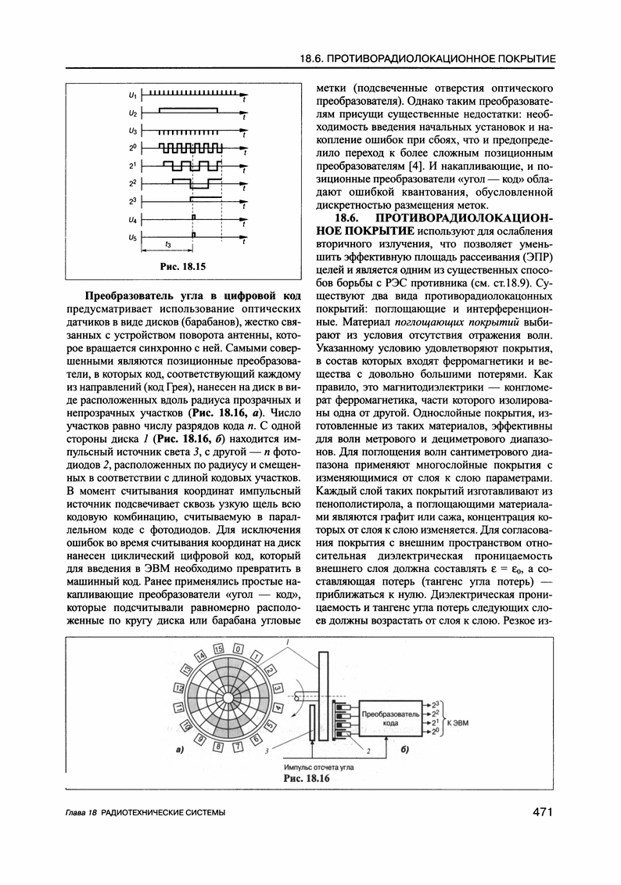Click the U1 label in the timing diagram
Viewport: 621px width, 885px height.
pyautogui.click(x=132, y=95)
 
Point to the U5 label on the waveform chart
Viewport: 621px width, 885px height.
pyautogui.click(x=132, y=237)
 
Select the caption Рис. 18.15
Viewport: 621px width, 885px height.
pyautogui.click(x=182, y=266)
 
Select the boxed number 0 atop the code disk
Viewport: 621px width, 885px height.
pyautogui.click(x=236, y=649)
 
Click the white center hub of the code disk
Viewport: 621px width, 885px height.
pyautogui.click(x=227, y=696)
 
